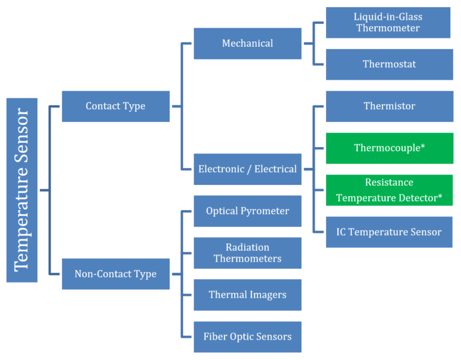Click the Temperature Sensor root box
pos(22,190)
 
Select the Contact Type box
pos(115,106)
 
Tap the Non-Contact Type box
pos(115,274)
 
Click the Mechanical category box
pos(247,43)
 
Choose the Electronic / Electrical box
pos(247,169)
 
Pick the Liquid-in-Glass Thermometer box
pos(388,22)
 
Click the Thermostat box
pos(389,64)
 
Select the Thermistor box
pos(389,106)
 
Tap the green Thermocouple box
pos(389,148)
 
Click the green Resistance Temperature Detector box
pos(389,190)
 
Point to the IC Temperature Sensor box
pos(389,232)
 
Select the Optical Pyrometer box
pos(247,211)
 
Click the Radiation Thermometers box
pos(247,253)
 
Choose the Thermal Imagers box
pos(247,295)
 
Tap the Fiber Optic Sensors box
pos(247,337)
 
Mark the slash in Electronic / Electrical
pos(250,169)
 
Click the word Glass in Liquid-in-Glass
pos(408,17)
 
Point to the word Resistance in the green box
pos(389,182)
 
